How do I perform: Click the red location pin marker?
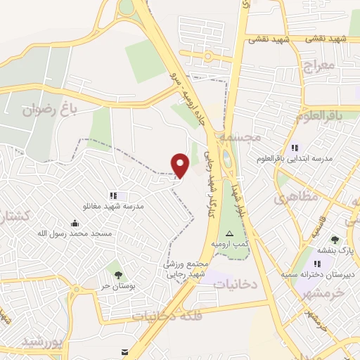pos(181,165)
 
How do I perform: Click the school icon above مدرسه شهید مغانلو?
pos(112,195)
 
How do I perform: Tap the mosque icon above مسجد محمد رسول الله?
pos(75,222)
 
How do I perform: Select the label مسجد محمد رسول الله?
pos(75,233)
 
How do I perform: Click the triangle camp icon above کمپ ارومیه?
pos(229,233)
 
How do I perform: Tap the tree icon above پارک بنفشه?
pos(335,240)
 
